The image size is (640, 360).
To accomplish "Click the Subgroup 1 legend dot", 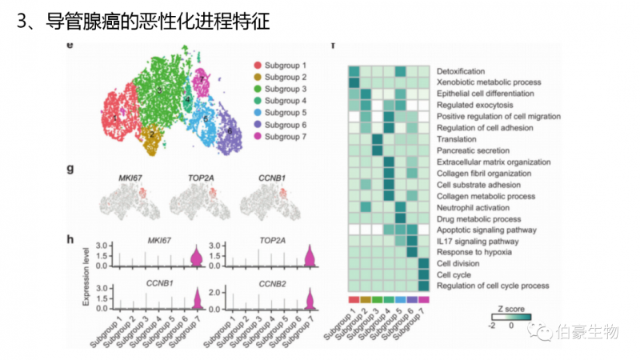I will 258,64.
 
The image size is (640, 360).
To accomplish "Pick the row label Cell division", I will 458,262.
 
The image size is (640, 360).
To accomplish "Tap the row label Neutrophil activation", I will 472,206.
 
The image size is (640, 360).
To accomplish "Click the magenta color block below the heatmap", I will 424,299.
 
